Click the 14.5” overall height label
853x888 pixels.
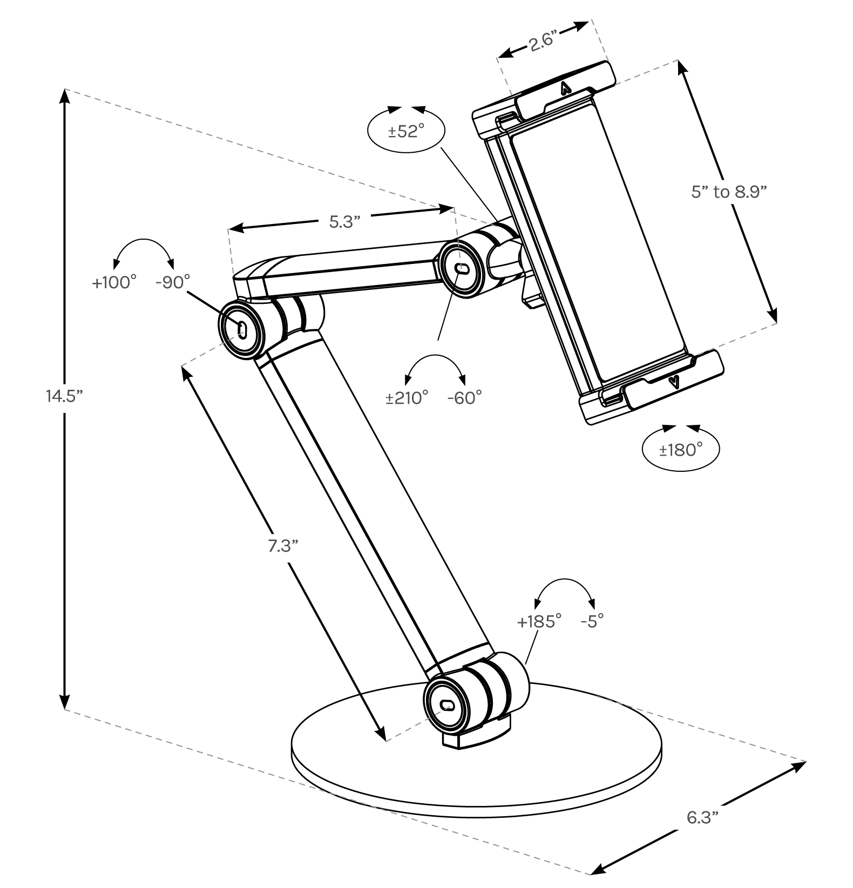click(x=64, y=397)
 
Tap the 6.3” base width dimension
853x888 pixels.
click(x=702, y=818)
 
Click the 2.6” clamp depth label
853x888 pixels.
click(x=543, y=42)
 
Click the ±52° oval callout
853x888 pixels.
click(x=406, y=131)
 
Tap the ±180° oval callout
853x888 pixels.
click(x=680, y=449)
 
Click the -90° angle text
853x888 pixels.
click(x=173, y=282)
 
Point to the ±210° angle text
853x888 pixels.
click(x=407, y=398)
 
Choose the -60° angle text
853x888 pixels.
click(x=464, y=398)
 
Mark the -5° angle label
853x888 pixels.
click(x=592, y=621)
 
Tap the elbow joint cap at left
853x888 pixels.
click(x=241, y=328)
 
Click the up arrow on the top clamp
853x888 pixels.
click(x=565, y=88)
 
